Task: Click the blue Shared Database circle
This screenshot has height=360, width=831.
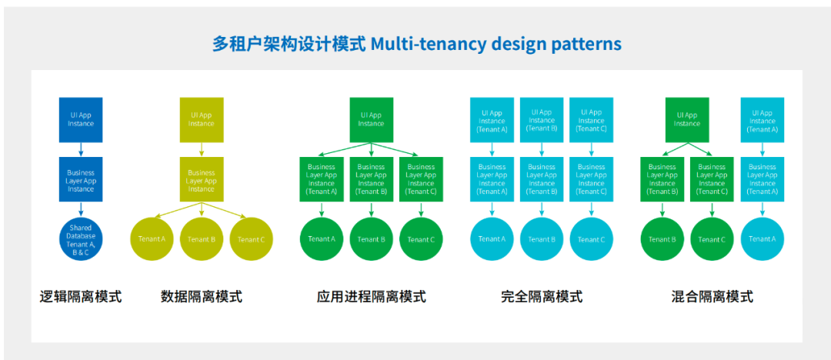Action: click(81, 238)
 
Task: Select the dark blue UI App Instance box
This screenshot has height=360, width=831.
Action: click(81, 120)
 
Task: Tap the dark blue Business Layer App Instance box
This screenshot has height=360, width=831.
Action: click(81, 179)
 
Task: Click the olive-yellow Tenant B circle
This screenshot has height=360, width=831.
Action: click(202, 239)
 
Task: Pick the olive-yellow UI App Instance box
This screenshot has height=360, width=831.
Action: click(202, 120)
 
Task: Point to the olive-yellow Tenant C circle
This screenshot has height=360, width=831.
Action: click(251, 239)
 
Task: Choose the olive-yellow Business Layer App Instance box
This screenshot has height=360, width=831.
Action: click(202, 179)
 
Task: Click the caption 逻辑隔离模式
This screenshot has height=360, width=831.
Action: click(81, 296)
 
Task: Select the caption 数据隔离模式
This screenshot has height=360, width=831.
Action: click(202, 296)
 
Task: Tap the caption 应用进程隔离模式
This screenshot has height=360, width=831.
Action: click(371, 296)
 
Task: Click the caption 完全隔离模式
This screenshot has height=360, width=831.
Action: click(542, 296)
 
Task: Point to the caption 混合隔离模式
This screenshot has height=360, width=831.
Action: click(712, 296)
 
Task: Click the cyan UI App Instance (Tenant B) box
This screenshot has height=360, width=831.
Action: click(542, 120)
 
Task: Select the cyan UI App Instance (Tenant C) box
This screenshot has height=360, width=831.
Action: click(592, 120)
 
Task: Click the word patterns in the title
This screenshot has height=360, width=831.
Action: click(586, 44)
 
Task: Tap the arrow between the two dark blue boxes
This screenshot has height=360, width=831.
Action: click(81, 149)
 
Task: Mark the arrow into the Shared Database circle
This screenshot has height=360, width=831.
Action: click(81, 209)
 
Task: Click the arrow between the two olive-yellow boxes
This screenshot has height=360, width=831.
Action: click(202, 149)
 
